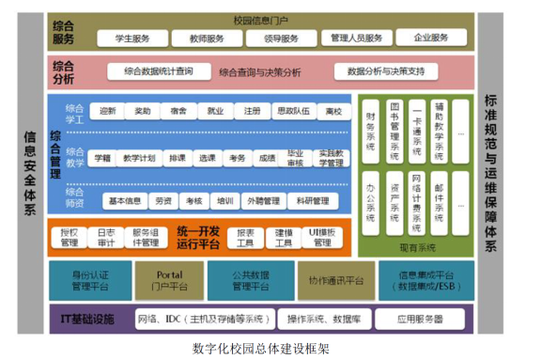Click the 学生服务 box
pyautogui.click(x=132, y=39)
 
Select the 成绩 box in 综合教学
pyautogui.click(x=267, y=157)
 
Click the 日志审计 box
pyautogui.click(x=106, y=236)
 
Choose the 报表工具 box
pyautogui.click(x=245, y=236)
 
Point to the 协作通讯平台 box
pyautogui.click(x=334, y=279)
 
